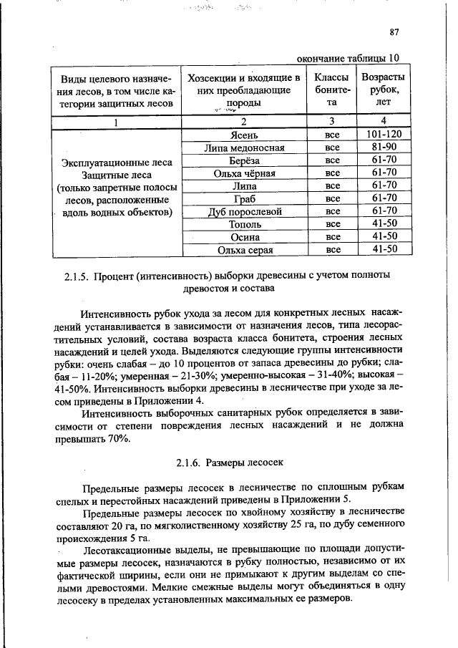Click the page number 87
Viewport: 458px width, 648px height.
394,32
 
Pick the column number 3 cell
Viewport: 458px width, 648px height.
331,121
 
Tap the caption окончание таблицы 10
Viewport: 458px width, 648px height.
348,58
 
